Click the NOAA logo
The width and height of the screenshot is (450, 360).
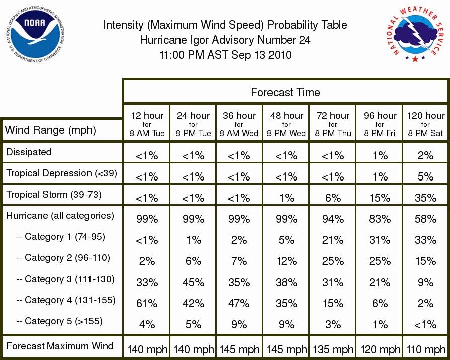(x=35, y=35)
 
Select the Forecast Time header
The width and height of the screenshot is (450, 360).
(x=286, y=92)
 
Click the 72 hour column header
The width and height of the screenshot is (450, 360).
(x=333, y=124)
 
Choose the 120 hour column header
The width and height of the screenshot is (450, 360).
(x=426, y=124)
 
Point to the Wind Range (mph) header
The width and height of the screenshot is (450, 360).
(x=50, y=130)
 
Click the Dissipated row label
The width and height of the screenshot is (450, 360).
(x=29, y=152)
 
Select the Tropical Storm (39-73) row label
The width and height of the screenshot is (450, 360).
(x=54, y=195)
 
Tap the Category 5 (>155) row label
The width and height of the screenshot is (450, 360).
(x=59, y=321)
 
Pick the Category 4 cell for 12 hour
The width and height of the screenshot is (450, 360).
(x=147, y=304)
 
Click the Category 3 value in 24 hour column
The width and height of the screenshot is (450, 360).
(x=193, y=283)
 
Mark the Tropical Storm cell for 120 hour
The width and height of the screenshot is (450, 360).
(x=425, y=198)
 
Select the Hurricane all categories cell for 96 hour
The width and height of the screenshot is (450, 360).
(x=380, y=219)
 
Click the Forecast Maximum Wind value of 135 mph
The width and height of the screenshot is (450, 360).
(x=333, y=349)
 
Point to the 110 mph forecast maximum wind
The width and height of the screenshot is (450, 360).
(x=426, y=349)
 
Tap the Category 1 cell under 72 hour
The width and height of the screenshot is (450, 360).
(x=333, y=240)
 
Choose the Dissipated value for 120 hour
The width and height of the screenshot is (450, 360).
(x=425, y=155)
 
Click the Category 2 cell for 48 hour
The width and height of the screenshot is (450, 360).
(x=287, y=261)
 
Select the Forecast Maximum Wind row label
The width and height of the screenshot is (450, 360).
(x=60, y=346)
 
